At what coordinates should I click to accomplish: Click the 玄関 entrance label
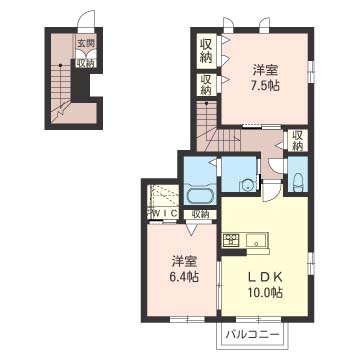pos(86,43)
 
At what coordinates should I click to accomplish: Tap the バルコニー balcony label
pos(252,334)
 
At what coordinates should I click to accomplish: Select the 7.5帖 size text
pos(266,86)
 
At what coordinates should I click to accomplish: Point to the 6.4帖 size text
pos(185,276)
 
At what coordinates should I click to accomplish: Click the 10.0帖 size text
pos(265,292)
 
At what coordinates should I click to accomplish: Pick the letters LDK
pos(265,277)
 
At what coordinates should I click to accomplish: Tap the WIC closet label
pos(164,214)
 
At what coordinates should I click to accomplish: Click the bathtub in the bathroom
pos(201,196)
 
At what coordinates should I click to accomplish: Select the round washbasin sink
pos(248,185)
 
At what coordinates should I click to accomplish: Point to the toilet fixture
pos(298,184)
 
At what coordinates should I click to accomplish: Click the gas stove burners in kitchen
pos(231,240)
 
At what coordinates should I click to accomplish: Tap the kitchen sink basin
pos(256,240)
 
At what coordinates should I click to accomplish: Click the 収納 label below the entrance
pos(86,63)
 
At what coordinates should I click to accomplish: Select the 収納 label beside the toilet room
pos(297,141)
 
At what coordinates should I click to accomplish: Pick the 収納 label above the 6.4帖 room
pos(200,214)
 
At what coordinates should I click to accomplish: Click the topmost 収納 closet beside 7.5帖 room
pos(206,51)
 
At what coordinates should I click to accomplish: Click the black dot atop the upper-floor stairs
pos(206,103)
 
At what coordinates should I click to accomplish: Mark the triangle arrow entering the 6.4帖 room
pos(192,229)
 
